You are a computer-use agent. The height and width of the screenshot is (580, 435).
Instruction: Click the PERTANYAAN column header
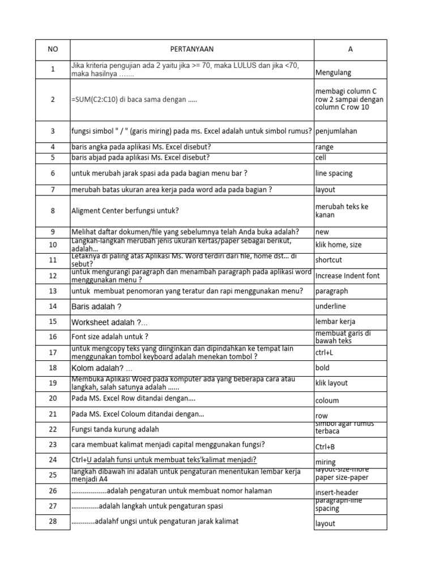coord(192,49)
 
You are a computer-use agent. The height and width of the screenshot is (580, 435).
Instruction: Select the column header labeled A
coord(350,49)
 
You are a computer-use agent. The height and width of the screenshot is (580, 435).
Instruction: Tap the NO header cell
coord(53,49)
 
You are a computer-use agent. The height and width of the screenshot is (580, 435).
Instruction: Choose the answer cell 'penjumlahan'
coord(336,131)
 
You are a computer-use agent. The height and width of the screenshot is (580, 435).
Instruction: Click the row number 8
coord(53,211)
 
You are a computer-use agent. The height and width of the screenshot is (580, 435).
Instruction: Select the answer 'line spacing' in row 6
coord(335,173)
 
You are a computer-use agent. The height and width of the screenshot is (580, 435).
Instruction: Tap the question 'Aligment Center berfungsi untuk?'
coord(125,211)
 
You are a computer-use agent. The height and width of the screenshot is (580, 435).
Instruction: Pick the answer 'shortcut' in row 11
coord(329,260)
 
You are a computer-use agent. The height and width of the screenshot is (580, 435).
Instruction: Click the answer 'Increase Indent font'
coord(347,276)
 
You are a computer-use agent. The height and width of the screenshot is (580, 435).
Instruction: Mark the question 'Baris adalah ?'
coord(96,306)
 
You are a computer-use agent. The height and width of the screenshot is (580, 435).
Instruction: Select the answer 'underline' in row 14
coord(330,306)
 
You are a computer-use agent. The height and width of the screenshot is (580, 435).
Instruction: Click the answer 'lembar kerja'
coord(335,322)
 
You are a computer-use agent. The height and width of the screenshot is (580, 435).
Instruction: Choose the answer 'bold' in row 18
coord(323,368)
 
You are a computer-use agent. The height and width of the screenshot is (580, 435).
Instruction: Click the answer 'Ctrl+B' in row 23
coord(326,446)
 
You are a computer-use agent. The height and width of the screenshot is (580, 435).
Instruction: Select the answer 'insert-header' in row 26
coord(336,493)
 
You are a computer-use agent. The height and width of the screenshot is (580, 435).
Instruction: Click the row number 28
coord(53,522)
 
